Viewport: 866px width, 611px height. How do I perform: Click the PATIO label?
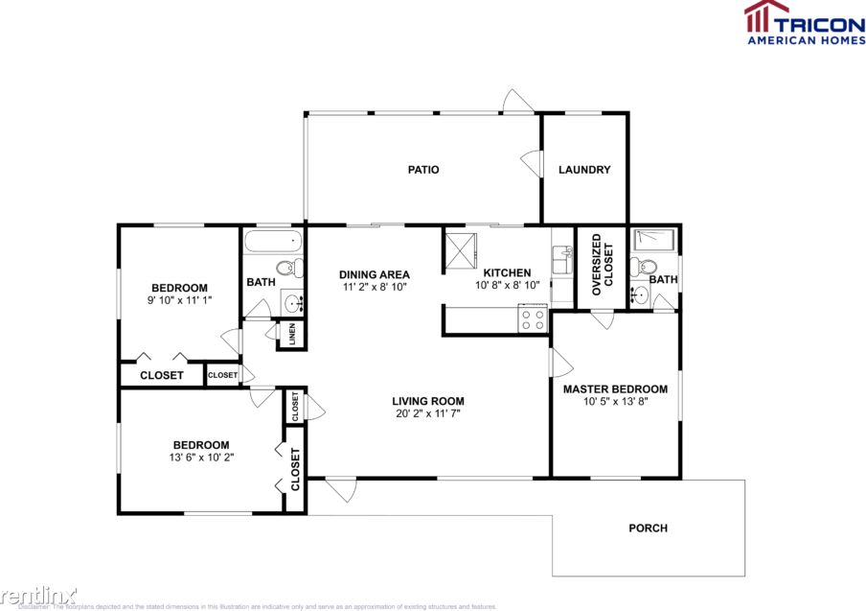[x=423, y=170]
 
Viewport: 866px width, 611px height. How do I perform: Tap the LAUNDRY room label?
[x=584, y=170]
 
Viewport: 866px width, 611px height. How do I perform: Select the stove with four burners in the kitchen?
[x=533, y=318]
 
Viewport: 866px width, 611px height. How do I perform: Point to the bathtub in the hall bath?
[x=272, y=240]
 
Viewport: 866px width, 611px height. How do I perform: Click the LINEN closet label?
[x=292, y=334]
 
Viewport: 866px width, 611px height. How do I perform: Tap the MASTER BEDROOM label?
[x=615, y=388]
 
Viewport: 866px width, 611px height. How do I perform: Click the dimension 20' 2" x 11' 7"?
[x=428, y=413]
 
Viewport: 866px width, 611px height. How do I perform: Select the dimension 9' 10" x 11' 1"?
[x=180, y=300]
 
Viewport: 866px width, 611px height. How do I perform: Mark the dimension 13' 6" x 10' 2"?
[x=201, y=458]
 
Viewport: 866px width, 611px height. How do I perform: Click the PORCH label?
[x=649, y=528]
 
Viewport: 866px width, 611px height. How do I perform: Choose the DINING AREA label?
[x=375, y=274]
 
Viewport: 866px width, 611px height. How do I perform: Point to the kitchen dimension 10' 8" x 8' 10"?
[x=507, y=285]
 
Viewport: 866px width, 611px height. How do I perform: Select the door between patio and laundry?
[x=530, y=162]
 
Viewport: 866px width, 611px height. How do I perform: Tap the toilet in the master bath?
[x=647, y=268]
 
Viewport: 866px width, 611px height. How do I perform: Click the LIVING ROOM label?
[x=428, y=401]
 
